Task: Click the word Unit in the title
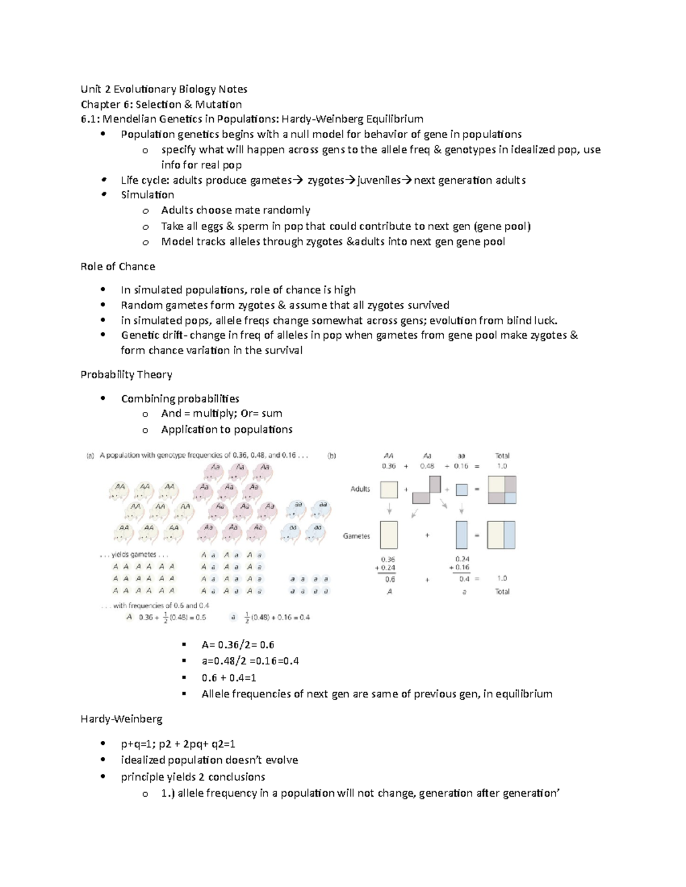pyautogui.click(x=90, y=89)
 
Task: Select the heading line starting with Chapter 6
pyautogui.click(x=161, y=105)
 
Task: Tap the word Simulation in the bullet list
pyautogui.click(x=147, y=195)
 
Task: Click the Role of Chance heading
pyautogui.click(x=118, y=267)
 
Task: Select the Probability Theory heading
pyautogui.click(x=126, y=375)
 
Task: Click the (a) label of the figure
pyautogui.click(x=90, y=456)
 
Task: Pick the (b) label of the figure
pyautogui.click(x=332, y=456)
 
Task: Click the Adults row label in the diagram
pyautogui.click(x=360, y=489)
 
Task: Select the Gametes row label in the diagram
pyautogui.click(x=356, y=536)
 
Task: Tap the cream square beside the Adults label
pyautogui.click(x=389, y=490)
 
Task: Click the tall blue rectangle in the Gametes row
pyautogui.click(x=461, y=535)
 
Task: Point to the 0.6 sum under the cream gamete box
pyautogui.click(x=390, y=579)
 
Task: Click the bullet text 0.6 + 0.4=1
pyautogui.click(x=229, y=678)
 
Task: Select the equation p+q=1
pyautogui.click(x=137, y=744)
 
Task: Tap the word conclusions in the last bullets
pyautogui.click(x=236, y=777)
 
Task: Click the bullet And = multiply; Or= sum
pyautogui.click(x=221, y=414)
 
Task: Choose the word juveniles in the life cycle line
pyautogui.click(x=378, y=180)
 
